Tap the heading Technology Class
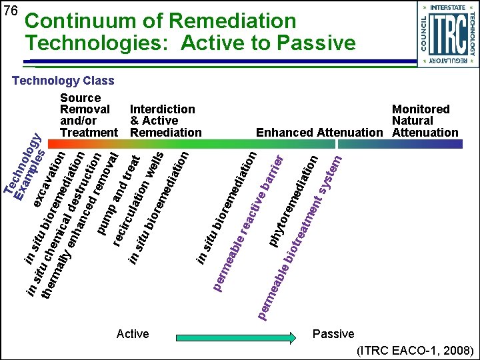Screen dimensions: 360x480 64,81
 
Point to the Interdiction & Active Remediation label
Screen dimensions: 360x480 165,121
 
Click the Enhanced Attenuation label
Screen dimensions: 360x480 320,133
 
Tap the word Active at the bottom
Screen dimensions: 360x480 133,333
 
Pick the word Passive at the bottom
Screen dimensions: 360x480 333,333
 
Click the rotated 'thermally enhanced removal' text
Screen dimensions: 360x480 79,227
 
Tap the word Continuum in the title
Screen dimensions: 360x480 84,21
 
